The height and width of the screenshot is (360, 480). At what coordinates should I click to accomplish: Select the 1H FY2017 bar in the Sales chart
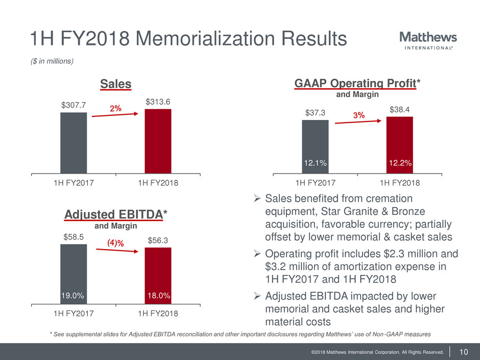(x=74, y=142)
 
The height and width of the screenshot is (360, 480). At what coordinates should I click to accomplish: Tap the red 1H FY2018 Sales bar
(x=158, y=141)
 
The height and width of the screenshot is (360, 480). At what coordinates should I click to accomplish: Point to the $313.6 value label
(x=158, y=102)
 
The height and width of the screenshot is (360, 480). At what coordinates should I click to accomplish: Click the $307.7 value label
(x=74, y=106)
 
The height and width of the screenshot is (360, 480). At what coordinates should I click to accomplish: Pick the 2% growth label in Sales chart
(x=115, y=108)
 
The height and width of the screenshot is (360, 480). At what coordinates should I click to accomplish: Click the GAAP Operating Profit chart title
(x=354, y=83)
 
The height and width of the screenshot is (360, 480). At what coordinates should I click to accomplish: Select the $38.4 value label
(x=399, y=109)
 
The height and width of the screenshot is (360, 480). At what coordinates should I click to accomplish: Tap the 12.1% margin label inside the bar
(x=315, y=162)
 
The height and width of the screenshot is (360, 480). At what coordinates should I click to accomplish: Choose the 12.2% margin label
(x=399, y=162)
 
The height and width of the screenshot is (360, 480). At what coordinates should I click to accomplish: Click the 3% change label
(x=359, y=116)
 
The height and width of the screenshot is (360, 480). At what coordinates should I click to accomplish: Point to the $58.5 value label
(x=74, y=237)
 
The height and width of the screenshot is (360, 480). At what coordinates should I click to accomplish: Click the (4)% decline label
(x=115, y=244)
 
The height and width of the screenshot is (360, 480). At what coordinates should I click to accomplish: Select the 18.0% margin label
(x=158, y=296)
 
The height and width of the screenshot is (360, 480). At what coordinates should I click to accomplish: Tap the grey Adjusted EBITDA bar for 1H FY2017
(x=74, y=271)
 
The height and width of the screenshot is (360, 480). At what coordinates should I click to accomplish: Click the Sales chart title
(x=115, y=84)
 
